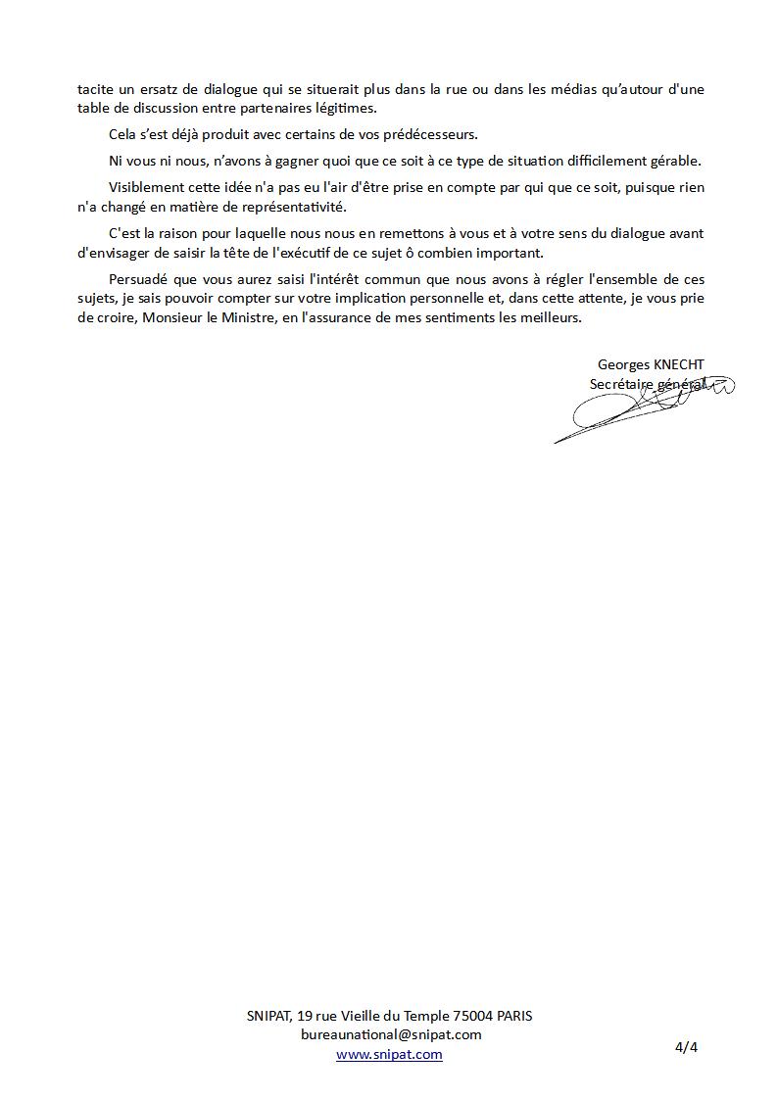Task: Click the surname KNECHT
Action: pos(678,365)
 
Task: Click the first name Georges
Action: pos(623,365)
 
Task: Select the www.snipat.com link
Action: pos(389,1055)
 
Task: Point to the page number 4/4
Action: pos(686,1047)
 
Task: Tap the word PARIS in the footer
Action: pos(514,1016)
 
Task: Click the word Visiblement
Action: pos(145,187)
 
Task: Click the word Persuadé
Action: pos(142,279)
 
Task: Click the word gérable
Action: pos(676,161)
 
